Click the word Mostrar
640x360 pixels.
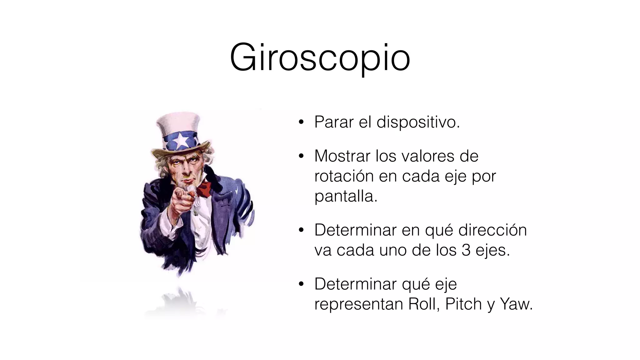point(342,156)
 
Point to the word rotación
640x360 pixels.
point(344,176)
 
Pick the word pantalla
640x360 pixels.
point(346,197)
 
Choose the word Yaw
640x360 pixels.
point(516,304)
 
